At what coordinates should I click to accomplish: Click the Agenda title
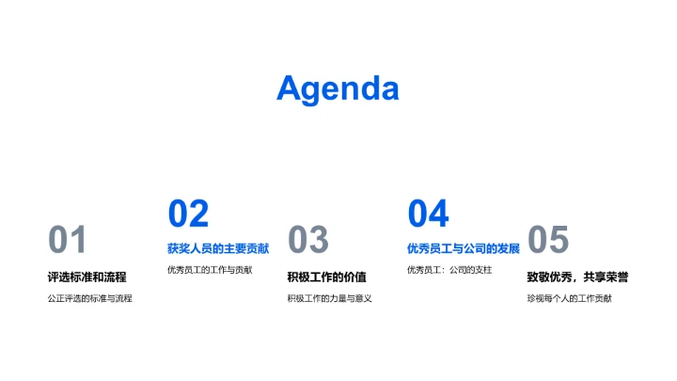[338, 88]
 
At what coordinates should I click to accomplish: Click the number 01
[68, 241]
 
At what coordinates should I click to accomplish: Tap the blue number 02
[188, 214]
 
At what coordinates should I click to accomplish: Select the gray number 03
[307, 241]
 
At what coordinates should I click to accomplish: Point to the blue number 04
[428, 214]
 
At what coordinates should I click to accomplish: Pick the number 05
[548, 241]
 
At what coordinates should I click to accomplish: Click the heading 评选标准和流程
[87, 277]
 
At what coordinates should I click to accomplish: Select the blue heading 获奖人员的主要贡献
[218, 249]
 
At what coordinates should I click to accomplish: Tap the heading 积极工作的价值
[326, 277]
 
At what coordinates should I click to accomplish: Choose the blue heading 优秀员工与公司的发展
[464, 249]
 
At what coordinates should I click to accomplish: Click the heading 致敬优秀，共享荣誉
[577, 277]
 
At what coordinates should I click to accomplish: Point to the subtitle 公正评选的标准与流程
[90, 298]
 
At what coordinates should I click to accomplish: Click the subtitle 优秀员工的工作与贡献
[210, 270]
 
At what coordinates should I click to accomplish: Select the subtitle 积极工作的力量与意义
[330, 298]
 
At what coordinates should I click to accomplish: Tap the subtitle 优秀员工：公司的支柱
[449, 270]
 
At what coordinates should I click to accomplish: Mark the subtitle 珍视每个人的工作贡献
[569, 298]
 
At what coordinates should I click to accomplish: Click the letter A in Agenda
[290, 88]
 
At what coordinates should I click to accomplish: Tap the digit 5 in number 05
[559, 241]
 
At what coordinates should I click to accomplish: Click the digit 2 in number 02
[198, 214]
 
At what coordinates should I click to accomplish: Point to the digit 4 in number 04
[439, 214]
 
